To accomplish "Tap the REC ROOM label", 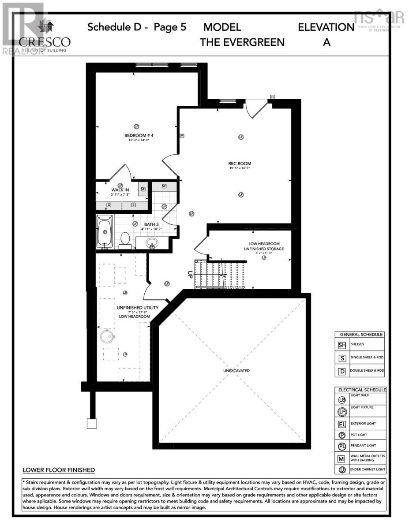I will click(x=240, y=164).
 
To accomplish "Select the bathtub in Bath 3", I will click(x=105, y=232).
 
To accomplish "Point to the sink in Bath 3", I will click(x=152, y=243).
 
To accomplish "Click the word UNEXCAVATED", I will click(x=236, y=371).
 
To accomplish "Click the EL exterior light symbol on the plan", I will click(x=272, y=97).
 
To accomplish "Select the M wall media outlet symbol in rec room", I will click(x=181, y=136).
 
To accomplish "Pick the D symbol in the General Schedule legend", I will click(x=342, y=371).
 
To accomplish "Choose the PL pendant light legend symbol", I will click(x=342, y=446).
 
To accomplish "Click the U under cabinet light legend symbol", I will click(x=342, y=470).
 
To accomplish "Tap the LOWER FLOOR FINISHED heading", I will click(x=59, y=470).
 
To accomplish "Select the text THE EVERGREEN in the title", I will click(x=242, y=42).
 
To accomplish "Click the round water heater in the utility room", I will click(x=106, y=337).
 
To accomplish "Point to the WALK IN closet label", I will click(x=120, y=190).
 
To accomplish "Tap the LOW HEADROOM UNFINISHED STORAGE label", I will click(x=264, y=246).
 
